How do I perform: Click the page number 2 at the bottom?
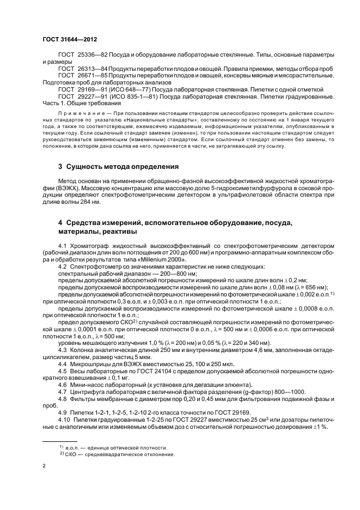[x=44, y=466]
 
